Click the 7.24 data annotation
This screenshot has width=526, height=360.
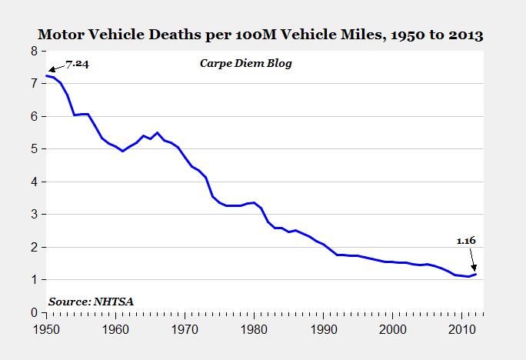point(76,64)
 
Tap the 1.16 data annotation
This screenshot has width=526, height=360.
point(467,242)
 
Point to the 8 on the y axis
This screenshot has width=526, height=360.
point(34,51)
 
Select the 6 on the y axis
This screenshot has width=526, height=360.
point(34,116)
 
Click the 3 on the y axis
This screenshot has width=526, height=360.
point(34,215)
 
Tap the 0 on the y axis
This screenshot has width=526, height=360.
point(34,312)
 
